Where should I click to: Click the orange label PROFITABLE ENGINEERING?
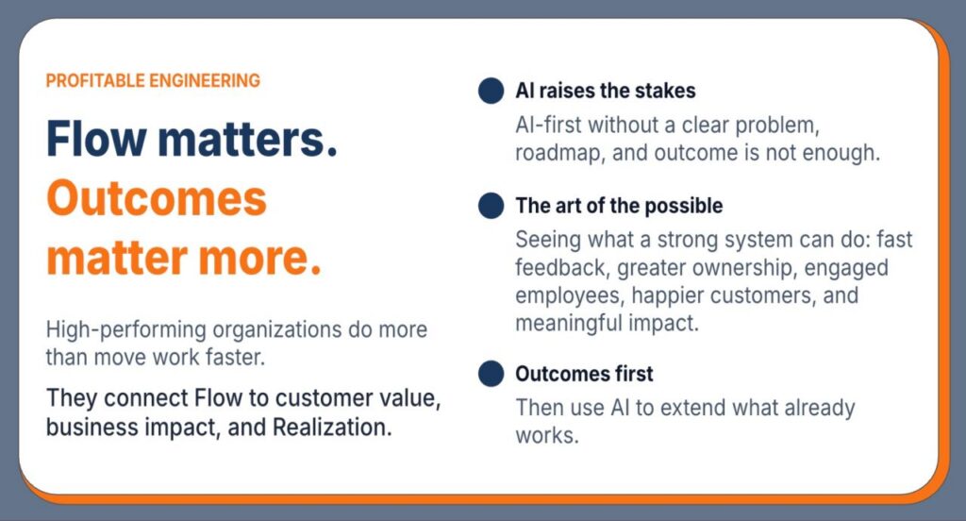click(153, 81)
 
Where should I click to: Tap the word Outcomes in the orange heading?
click(157, 198)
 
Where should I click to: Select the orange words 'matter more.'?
click(184, 257)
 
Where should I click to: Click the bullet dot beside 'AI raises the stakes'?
click(491, 91)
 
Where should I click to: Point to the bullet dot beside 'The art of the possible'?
click(491, 206)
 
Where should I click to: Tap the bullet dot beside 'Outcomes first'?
click(491, 374)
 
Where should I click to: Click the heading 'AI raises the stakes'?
click(606, 91)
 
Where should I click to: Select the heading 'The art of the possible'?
click(619, 206)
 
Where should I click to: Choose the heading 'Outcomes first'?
click(584, 374)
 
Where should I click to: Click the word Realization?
click(332, 427)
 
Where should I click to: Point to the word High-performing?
click(126, 329)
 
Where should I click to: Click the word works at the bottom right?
click(547, 436)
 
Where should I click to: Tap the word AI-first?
click(548, 126)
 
